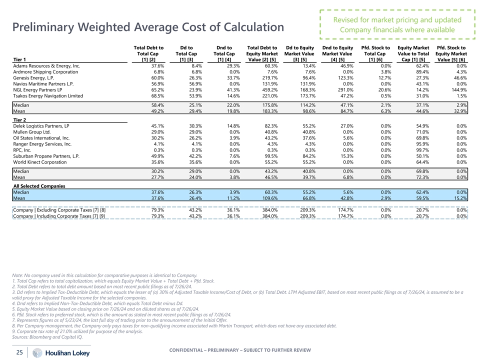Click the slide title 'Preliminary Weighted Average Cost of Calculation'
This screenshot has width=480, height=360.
[x=149, y=27]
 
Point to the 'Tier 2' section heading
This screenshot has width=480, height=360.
[x=20, y=119]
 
